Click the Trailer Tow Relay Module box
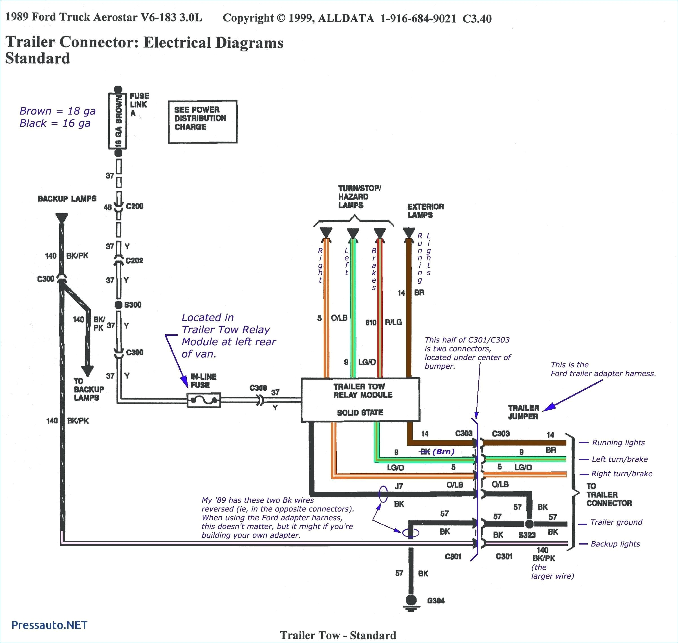coord(360,399)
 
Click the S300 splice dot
coord(118,305)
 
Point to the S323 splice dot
coord(529,524)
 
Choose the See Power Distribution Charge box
coord(202,122)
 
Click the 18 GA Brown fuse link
coord(118,121)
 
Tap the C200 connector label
coord(134,206)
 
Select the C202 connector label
coord(134,260)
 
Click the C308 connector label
coord(258,388)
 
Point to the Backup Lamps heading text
coord(67,199)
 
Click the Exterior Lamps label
coord(425,211)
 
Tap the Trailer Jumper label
coord(523,412)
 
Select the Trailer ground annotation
coord(616,522)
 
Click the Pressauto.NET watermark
coord(49,625)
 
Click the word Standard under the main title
coord(38,58)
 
